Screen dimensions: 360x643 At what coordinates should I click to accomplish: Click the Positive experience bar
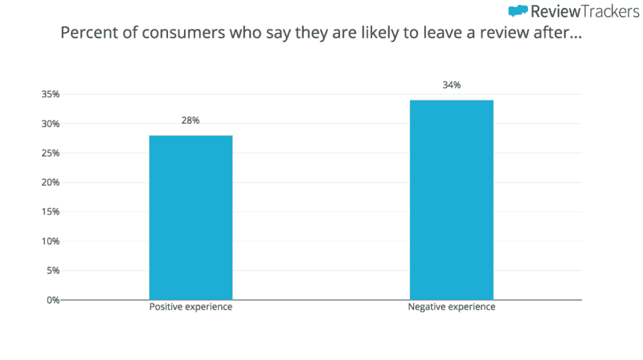(x=190, y=217)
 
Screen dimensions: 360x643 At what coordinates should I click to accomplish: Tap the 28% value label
(x=190, y=121)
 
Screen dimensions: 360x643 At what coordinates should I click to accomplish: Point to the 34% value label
(x=452, y=85)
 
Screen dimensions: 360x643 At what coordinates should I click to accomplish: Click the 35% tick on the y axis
(x=50, y=94)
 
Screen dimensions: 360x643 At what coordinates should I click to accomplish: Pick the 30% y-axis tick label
(x=50, y=124)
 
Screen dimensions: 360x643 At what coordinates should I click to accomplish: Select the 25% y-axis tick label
(x=50, y=153)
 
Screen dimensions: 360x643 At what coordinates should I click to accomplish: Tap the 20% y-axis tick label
(x=50, y=182)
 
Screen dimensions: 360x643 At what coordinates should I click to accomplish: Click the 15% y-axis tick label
(x=50, y=212)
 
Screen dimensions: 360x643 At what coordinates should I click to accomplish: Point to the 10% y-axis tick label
(x=50, y=241)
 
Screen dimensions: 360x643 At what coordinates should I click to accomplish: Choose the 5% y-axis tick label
(x=52, y=271)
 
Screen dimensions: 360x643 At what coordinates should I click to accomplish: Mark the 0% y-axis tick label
(x=52, y=300)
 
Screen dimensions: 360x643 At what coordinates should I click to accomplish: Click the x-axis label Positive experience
(x=190, y=308)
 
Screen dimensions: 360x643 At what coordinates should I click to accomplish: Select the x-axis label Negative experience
(x=452, y=308)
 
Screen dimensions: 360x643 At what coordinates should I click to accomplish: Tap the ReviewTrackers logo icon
(x=518, y=11)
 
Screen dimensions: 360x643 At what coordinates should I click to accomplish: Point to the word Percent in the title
(x=85, y=35)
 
